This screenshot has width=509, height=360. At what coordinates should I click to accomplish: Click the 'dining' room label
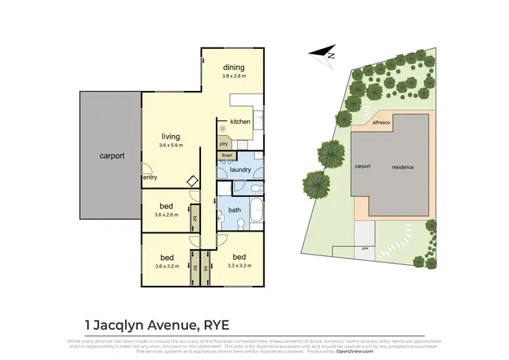(234, 67)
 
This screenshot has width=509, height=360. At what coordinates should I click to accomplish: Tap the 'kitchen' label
(240, 122)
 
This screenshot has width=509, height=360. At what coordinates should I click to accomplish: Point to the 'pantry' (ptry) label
(223, 144)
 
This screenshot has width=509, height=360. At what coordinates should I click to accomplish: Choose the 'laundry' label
(240, 169)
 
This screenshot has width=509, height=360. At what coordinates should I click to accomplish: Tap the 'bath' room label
(235, 211)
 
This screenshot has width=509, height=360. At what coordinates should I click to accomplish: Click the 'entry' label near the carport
(150, 178)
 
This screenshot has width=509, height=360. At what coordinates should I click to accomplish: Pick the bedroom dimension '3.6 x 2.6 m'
(167, 216)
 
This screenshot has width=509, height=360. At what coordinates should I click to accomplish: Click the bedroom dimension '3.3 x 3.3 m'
(239, 266)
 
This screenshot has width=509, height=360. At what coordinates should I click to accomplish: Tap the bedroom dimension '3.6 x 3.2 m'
(167, 266)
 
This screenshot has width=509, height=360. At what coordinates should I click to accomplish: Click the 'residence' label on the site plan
(402, 167)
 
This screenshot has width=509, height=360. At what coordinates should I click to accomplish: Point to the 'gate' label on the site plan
(365, 248)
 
